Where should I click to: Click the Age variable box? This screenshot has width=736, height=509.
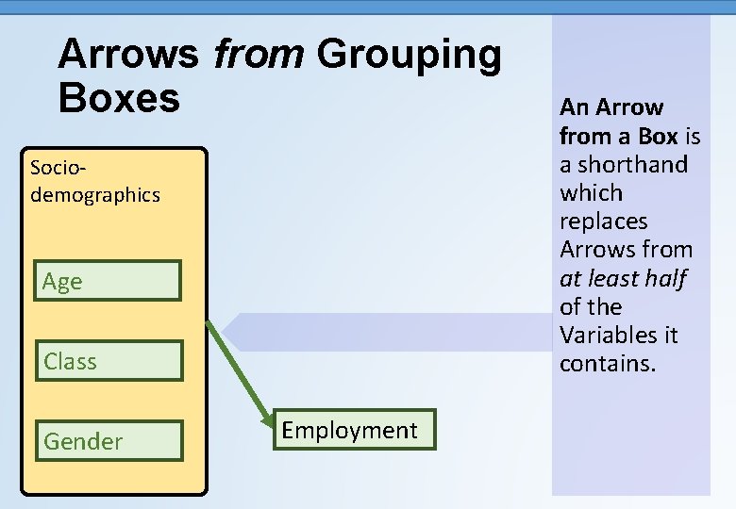click(109, 281)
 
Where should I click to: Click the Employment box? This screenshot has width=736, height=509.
click(349, 430)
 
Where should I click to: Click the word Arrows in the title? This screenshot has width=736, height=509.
click(128, 55)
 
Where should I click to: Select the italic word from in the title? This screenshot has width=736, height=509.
click(258, 55)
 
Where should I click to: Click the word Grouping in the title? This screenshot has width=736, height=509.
click(409, 55)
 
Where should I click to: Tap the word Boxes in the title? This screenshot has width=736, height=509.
click(119, 97)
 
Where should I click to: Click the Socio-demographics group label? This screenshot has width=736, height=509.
click(94, 181)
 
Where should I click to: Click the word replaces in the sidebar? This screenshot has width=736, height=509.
click(603, 222)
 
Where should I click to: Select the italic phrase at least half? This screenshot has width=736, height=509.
click(622, 278)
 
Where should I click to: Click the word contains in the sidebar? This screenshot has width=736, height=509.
click(606, 364)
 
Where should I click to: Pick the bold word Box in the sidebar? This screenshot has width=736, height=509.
click(659, 136)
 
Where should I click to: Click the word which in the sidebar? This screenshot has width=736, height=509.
click(591, 192)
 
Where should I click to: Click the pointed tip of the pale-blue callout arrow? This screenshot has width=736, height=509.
click(224, 332)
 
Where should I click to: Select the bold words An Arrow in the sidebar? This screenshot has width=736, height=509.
click(611, 107)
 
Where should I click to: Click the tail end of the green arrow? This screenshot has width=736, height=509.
click(209, 322)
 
